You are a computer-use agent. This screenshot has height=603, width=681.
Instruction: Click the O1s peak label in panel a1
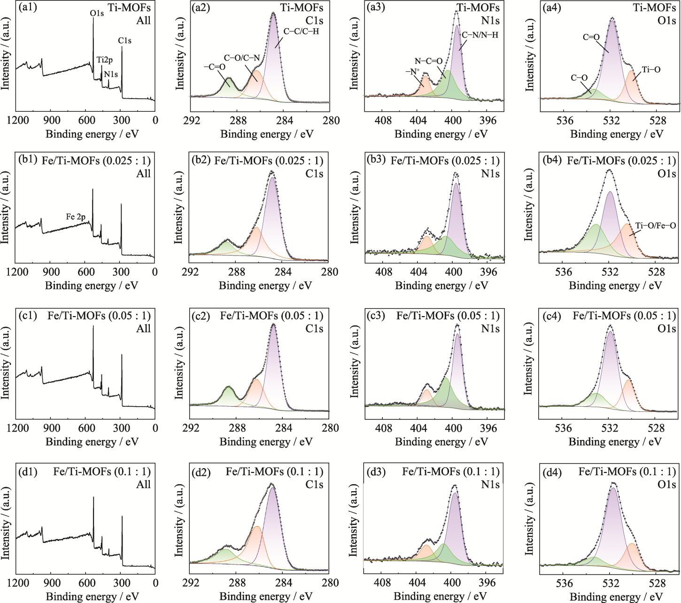click(x=97, y=13)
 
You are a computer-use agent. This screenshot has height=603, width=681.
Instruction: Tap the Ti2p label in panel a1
click(x=105, y=60)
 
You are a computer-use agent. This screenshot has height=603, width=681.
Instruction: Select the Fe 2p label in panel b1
click(x=76, y=216)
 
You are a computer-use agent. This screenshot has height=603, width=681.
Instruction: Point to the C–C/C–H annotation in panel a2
click(x=301, y=31)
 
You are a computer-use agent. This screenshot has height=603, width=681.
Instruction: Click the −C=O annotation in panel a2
click(x=214, y=67)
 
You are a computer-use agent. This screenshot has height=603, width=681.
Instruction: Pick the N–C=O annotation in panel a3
click(x=428, y=61)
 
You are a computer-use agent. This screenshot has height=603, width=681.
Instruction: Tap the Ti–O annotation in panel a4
click(x=651, y=70)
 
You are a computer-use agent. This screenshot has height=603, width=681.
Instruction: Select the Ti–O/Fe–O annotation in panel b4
click(x=656, y=225)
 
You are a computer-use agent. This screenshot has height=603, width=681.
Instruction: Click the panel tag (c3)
click(x=376, y=316)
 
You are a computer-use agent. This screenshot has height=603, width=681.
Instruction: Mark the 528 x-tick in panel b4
click(x=656, y=272)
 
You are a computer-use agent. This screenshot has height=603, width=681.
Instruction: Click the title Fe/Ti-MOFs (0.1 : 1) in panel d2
click(x=274, y=471)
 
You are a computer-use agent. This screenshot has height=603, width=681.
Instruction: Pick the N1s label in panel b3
click(x=490, y=174)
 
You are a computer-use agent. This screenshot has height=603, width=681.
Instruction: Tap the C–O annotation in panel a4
click(x=579, y=77)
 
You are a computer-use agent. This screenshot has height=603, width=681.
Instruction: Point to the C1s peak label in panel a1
click(x=124, y=41)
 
